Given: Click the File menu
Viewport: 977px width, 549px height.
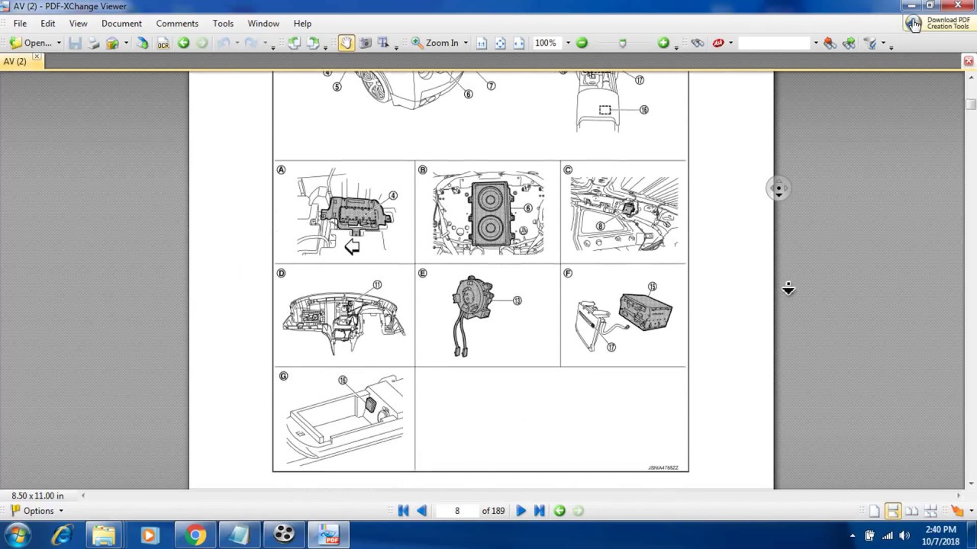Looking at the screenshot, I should [x=20, y=24].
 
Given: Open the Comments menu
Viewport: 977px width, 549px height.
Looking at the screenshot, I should [x=177, y=24].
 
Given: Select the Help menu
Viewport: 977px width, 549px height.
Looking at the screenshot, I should [x=302, y=24].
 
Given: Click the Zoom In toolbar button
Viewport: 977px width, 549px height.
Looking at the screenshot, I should [x=435, y=43].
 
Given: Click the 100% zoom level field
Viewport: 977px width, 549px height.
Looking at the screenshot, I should [x=546, y=43].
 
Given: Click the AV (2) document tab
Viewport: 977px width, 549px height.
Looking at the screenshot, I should [x=15, y=61].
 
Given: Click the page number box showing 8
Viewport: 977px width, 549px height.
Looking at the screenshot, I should [x=457, y=511].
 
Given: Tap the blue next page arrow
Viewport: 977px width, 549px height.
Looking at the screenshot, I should [x=521, y=511].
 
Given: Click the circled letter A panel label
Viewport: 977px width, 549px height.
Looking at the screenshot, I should [x=281, y=170].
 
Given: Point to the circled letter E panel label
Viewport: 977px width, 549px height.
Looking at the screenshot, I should [x=422, y=273].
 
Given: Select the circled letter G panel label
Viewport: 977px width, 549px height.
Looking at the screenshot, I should [x=283, y=376].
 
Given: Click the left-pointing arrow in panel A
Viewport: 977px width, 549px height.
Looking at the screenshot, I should [x=352, y=246].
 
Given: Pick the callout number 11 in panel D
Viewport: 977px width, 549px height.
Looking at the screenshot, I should [x=377, y=285].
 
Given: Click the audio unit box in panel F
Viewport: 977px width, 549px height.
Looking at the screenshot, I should [x=646, y=312].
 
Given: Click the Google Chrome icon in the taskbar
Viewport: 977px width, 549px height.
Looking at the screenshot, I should [x=195, y=535].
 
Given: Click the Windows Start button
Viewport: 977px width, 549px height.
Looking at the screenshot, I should [x=17, y=535].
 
